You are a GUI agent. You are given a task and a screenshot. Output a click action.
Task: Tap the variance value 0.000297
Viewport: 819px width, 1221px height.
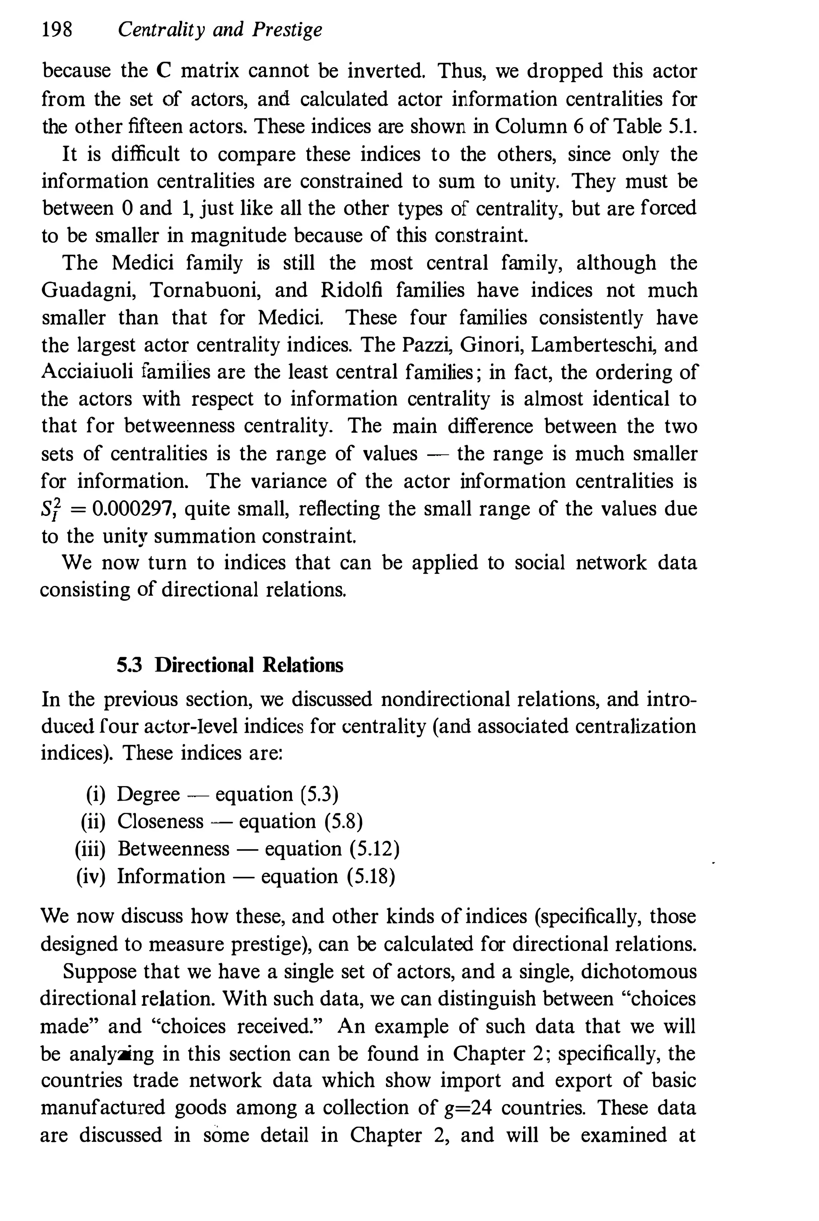[134, 509]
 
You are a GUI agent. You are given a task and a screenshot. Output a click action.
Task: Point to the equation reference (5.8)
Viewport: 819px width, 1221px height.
[343, 822]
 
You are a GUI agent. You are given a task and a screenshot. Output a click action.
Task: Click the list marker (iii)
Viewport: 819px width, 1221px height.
[90, 849]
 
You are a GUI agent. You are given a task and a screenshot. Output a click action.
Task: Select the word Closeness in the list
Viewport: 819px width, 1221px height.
[160, 822]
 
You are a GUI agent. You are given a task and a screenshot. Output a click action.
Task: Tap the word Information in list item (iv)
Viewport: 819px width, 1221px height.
[171, 876]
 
